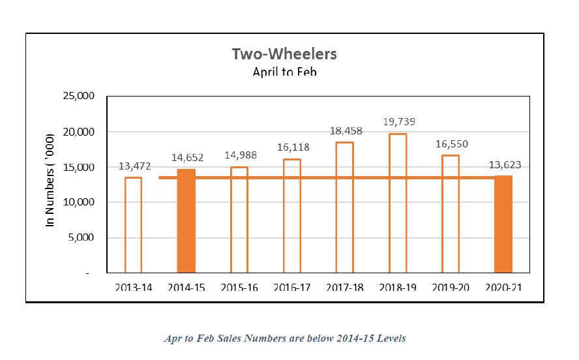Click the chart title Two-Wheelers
284,53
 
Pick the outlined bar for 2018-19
397,203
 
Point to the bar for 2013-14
133,224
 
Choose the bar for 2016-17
291,215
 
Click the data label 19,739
400,122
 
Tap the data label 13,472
134,166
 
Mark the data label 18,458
346,131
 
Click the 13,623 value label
505,165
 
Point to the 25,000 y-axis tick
78,97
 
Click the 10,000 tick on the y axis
78,202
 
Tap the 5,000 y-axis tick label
80,237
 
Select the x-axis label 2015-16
239,287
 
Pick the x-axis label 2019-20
450,287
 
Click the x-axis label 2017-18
344,287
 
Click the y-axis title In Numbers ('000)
50,185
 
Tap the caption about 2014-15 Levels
285,338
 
